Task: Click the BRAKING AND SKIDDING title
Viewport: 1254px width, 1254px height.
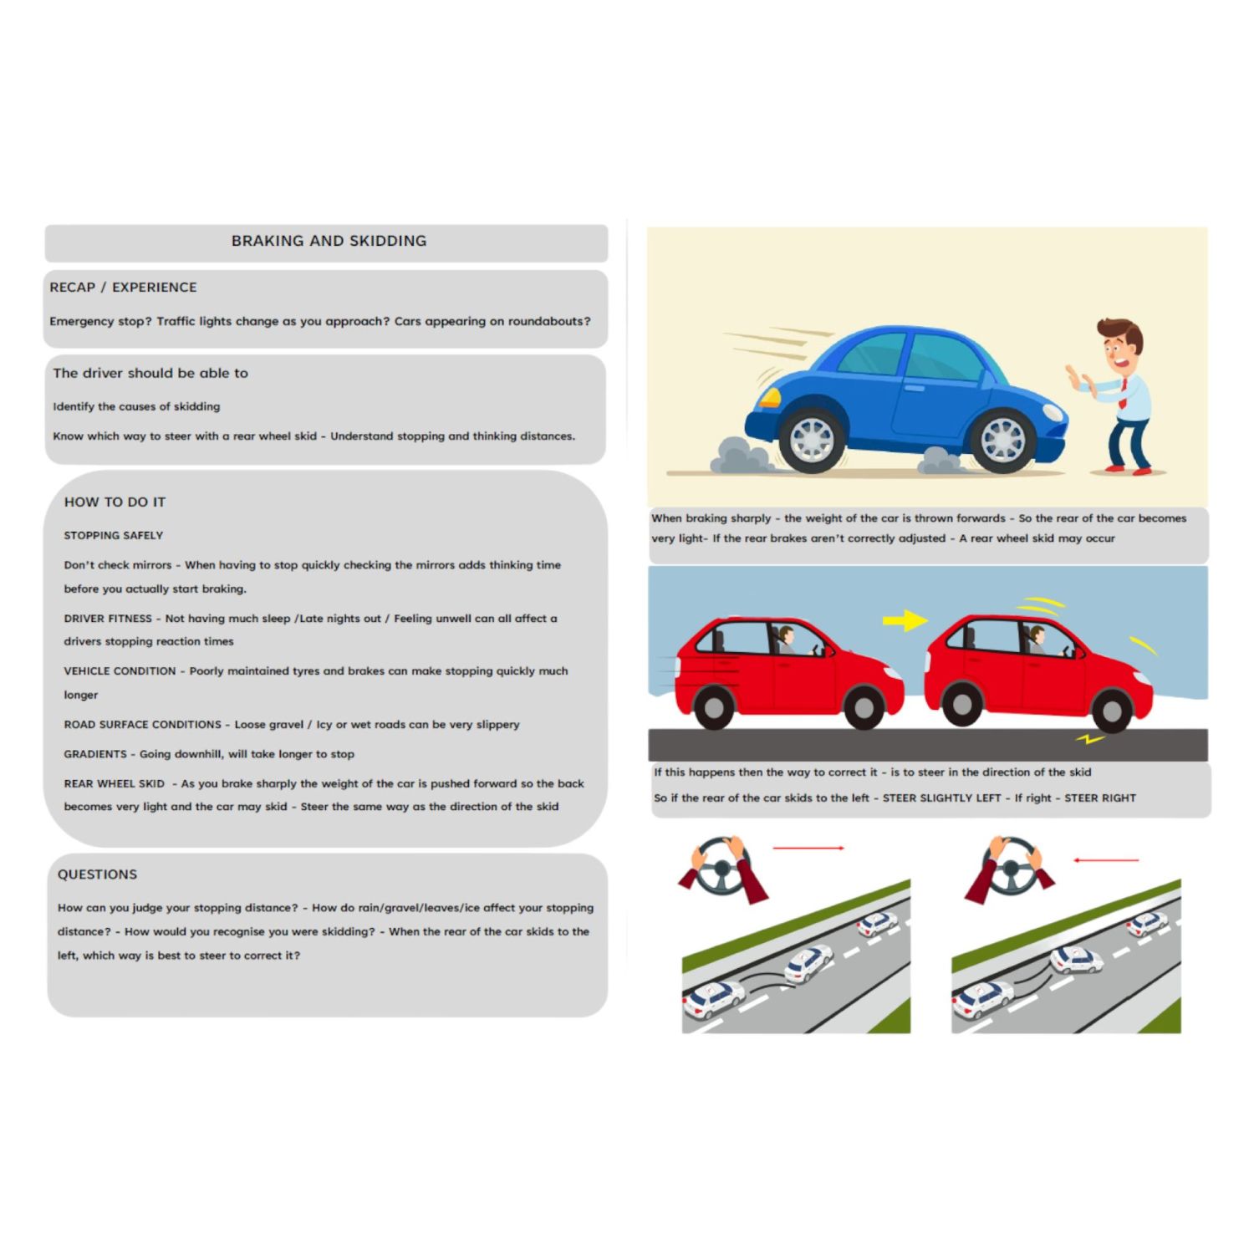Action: click(329, 241)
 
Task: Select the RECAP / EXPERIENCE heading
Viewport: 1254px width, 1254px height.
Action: click(123, 288)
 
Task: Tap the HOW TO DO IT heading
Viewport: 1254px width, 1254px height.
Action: click(115, 502)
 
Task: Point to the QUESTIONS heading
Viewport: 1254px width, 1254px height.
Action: click(97, 874)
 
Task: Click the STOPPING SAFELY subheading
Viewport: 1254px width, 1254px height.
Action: click(113, 536)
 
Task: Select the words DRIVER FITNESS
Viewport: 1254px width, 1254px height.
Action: click(108, 619)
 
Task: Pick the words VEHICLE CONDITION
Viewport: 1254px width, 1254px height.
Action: click(120, 671)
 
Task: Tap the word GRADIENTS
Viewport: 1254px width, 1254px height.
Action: click(94, 754)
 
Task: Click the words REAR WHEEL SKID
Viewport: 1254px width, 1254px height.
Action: click(114, 784)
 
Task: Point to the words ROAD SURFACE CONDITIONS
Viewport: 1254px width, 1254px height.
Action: click(142, 725)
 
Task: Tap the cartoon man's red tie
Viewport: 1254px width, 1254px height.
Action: click(1123, 394)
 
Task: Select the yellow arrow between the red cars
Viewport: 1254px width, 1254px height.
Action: click(905, 620)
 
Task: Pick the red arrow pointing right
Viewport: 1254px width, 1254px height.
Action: click(808, 848)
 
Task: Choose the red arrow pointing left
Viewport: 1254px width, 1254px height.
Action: click(1106, 859)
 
